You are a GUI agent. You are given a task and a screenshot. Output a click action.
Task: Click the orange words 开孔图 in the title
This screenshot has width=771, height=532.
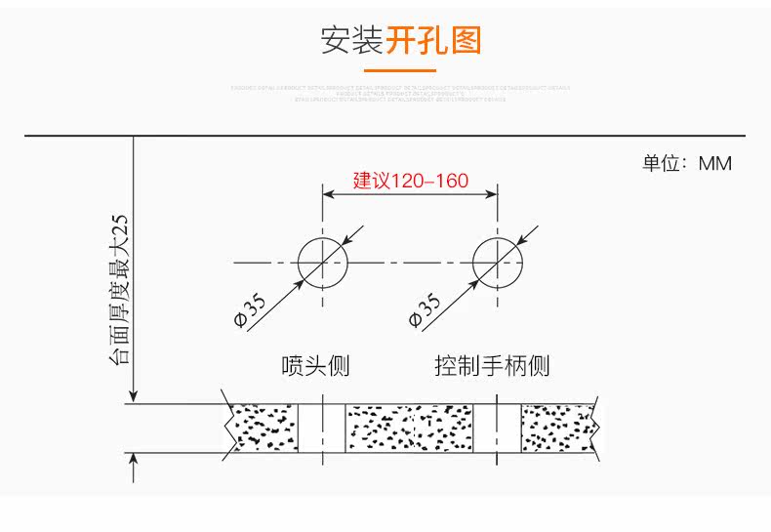point(433,40)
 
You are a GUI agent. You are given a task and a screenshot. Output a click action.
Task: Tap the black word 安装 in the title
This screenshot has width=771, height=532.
point(351,40)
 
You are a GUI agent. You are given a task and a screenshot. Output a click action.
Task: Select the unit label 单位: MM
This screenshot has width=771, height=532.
point(686,163)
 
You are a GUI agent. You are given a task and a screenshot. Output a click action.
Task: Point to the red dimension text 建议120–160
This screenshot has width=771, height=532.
point(410,181)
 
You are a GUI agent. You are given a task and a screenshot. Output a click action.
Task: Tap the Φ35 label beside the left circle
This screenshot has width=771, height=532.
point(251,309)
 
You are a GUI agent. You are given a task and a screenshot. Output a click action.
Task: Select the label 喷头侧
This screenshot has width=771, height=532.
point(314,366)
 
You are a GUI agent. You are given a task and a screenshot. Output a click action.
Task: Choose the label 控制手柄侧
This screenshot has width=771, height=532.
point(492,366)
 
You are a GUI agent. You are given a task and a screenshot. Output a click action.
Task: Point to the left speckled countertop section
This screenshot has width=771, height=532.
point(262,427)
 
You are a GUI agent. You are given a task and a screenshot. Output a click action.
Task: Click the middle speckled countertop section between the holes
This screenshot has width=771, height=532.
point(409,427)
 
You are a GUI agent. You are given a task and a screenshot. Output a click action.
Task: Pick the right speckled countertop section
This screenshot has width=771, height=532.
point(557,427)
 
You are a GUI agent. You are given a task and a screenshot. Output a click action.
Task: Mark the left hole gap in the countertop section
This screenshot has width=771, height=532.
point(322,427)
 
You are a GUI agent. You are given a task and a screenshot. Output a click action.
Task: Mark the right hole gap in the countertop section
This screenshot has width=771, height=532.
point(497,427)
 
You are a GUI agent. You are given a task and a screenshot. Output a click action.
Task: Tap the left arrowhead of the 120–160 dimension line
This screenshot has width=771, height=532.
point(329,193)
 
